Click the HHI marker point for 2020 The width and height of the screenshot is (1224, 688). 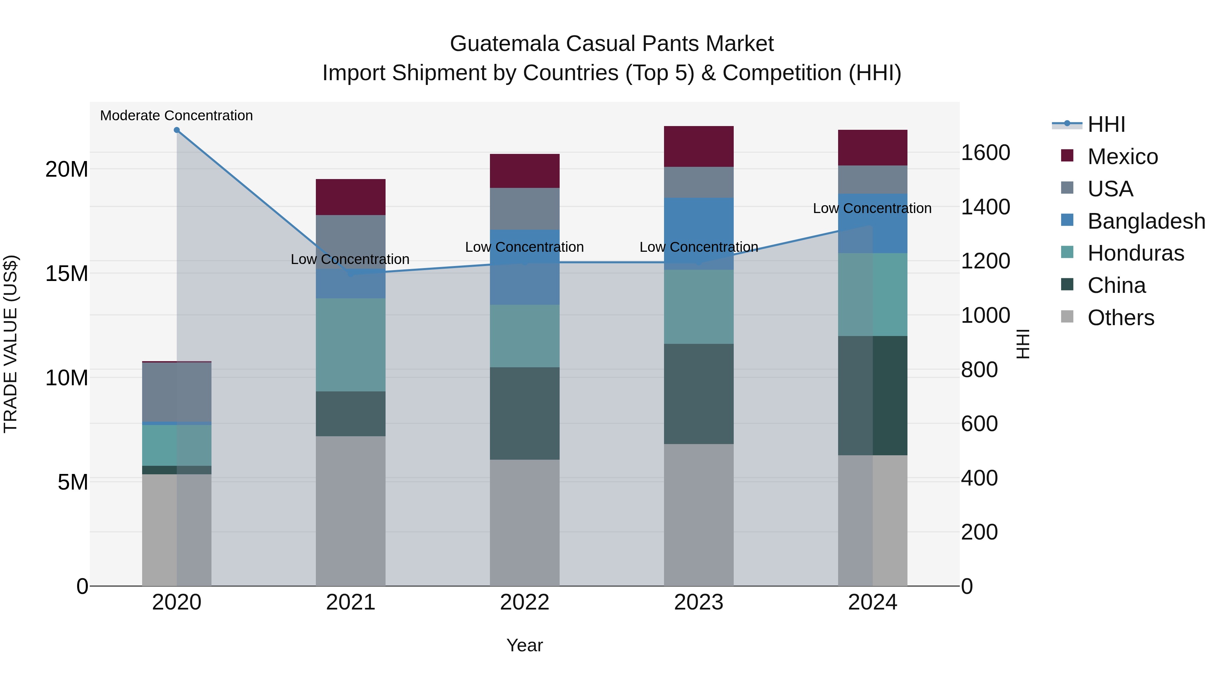coord(177,130)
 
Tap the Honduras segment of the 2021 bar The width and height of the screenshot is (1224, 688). coord(351,345)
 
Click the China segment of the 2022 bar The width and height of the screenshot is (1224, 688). coord(525,413)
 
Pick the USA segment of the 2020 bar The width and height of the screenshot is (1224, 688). coord(177,392)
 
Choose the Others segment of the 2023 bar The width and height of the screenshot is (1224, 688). coord(698,515)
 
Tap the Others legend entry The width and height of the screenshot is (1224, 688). coord(1120,318)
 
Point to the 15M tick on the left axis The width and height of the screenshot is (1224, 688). coord(67,274)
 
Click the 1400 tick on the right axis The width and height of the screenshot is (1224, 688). coord(985,207)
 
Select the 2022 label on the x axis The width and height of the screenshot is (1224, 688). coord(525,602)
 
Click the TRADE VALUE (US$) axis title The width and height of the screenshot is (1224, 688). coord(11,344)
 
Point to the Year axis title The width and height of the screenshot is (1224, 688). coord(525,645)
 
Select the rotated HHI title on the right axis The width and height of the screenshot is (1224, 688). coord(1022,344)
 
